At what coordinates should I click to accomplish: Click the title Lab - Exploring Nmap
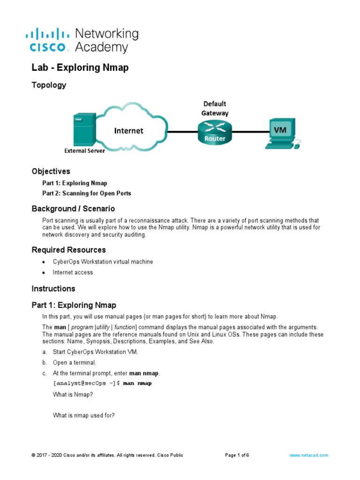[80, 67]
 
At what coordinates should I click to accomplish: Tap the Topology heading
[49, 85]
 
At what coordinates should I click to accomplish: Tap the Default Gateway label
[215, 108]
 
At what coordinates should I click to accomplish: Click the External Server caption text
[84, 151]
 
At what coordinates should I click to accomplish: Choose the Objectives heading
[51, 172]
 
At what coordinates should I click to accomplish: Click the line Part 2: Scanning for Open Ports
[87, 193]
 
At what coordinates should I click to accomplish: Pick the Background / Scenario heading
[73, 209]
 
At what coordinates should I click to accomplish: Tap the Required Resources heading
[68, 250]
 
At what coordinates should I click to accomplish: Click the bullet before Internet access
[44, 273]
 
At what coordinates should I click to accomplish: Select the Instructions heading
[53, 289]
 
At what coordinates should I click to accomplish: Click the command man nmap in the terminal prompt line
[137, 383]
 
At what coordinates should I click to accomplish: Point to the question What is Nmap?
[73, 395]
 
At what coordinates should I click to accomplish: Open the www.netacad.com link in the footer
[309, 455]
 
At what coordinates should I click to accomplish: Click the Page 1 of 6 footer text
[237, 455]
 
